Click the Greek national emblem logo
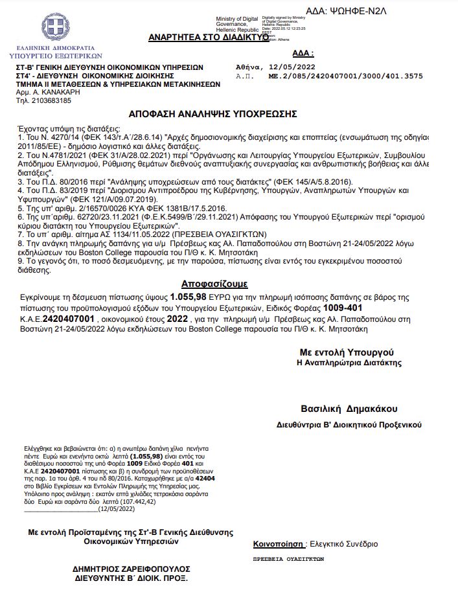point(55,28)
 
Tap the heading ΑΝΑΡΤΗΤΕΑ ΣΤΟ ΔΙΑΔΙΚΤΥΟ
point(208,38)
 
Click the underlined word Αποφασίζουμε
point(214,284)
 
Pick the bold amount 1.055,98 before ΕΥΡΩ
point(188,296)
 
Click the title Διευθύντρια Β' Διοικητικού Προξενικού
point(349,425)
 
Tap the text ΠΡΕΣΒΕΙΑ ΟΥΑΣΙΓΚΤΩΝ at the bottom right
point(288,559)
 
